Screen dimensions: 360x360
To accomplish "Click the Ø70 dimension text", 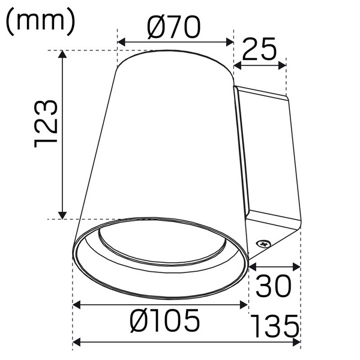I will [x=174, y=27].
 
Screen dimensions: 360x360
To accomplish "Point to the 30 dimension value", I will [x=274, y=287].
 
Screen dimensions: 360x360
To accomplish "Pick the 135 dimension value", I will [x=275, y=328].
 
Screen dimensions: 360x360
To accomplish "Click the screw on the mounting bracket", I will [x=262, y=244].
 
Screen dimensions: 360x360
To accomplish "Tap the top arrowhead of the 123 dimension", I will [x=62, y=54].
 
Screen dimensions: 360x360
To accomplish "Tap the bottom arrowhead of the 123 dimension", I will [x=62, y=215].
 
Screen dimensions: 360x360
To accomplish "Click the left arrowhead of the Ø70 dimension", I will [x=120, y=42].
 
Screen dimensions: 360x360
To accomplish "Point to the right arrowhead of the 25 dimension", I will [x=284, y=65].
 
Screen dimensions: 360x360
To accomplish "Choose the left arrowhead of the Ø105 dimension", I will [x=76, y=306].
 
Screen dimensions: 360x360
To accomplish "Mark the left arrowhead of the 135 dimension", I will [x=76, y=343].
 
